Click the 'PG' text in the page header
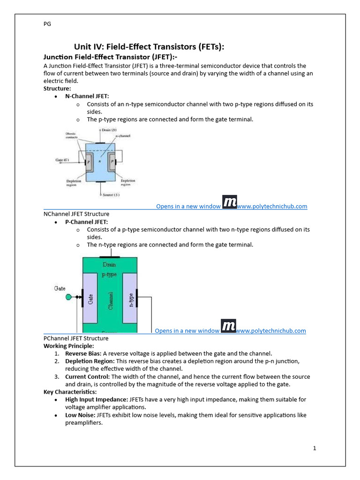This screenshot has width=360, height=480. tap(47, 24)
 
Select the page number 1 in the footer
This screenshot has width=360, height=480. tap(315, 448)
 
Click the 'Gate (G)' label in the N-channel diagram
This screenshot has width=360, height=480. tap(63, 160)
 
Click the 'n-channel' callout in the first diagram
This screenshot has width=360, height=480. tap(123, 136)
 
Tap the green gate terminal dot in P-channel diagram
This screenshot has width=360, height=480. tap(68, 297)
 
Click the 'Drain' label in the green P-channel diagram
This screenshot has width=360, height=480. tap(109, 264)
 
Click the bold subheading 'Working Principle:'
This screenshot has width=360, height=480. tap(68, 346)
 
